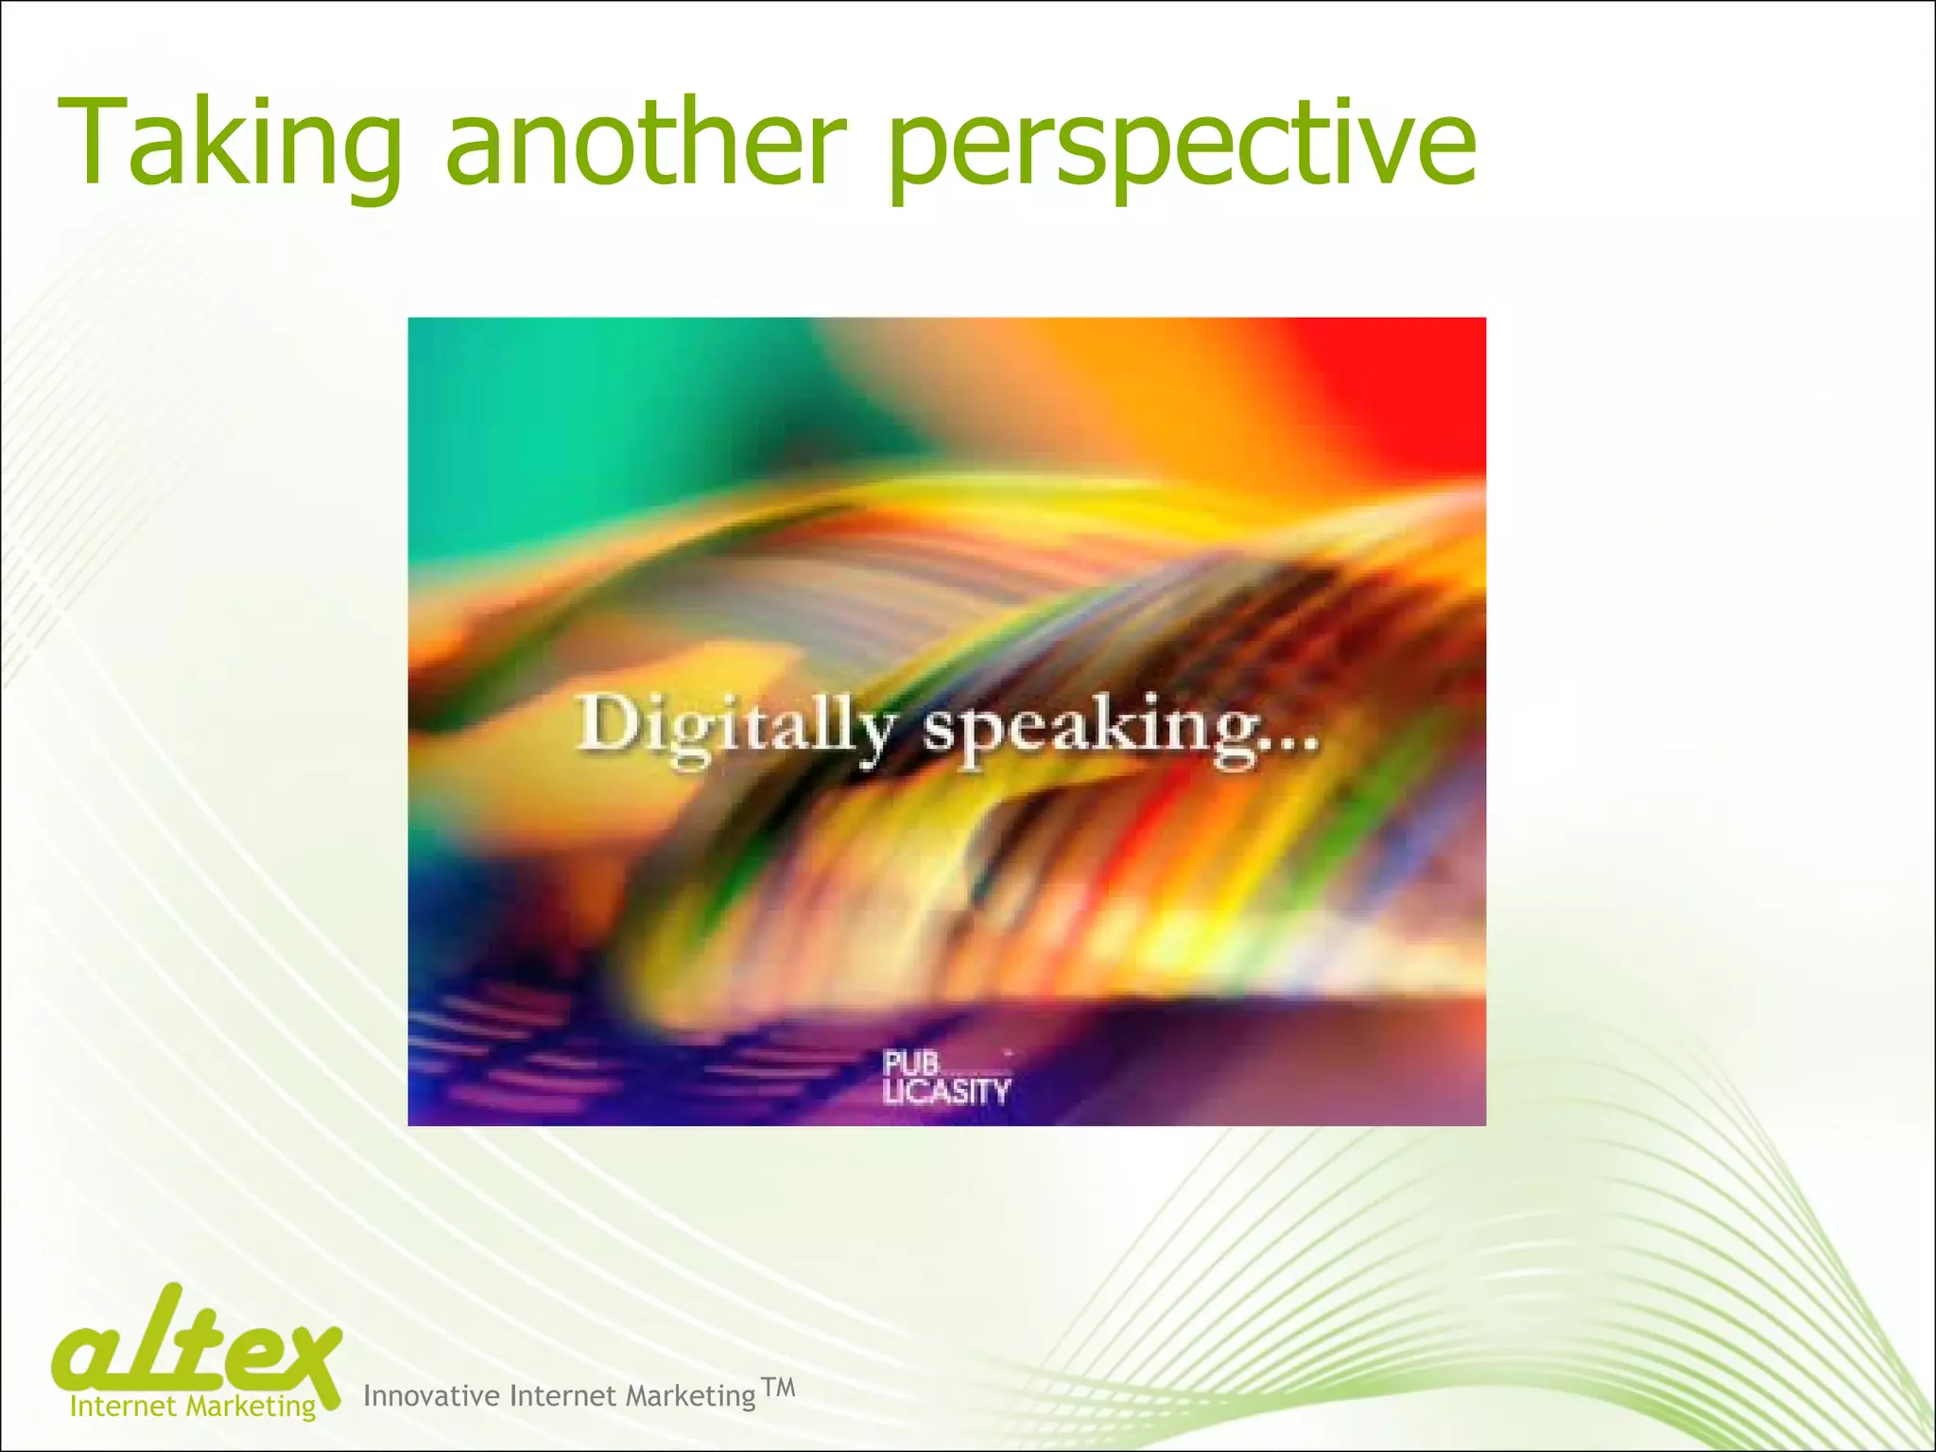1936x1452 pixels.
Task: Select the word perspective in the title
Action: click(x=1182, y=147)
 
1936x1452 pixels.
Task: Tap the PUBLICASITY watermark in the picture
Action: click(x=945, y=1079)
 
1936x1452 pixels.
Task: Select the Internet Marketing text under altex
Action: click(x=193, y=1406)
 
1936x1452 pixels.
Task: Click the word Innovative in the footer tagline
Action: click(x=431, y=1396)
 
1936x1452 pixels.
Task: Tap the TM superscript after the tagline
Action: click(x=778, y=1387)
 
